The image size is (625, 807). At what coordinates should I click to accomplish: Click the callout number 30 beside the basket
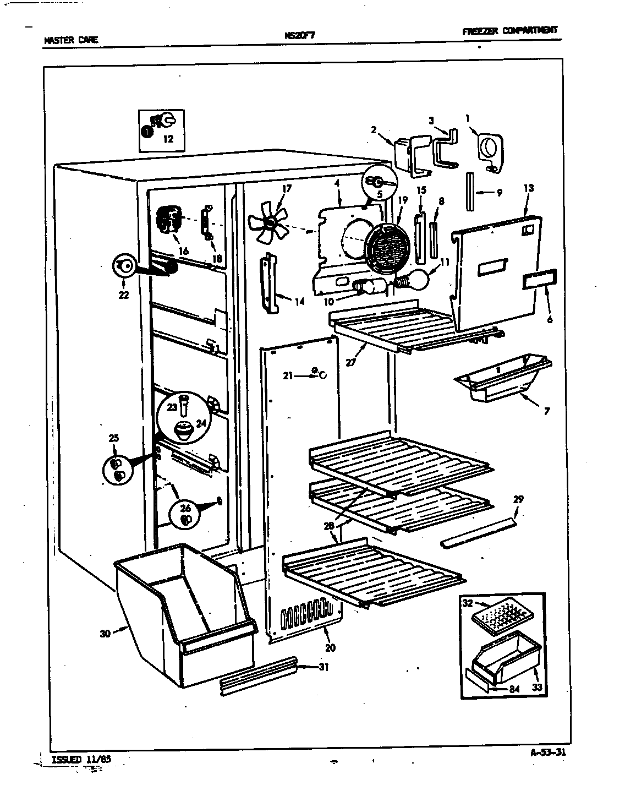[x=105, y=634]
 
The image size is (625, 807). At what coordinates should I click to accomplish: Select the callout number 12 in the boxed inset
[x=168, y=139]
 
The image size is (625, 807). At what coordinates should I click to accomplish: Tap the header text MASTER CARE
[x=70, y=40]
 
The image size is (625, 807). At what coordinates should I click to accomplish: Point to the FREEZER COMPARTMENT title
[x=509, y=30]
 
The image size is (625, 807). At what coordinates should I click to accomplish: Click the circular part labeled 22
[x=124, y=267]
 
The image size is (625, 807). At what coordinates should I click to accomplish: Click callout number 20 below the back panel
[x=330, y=648]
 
